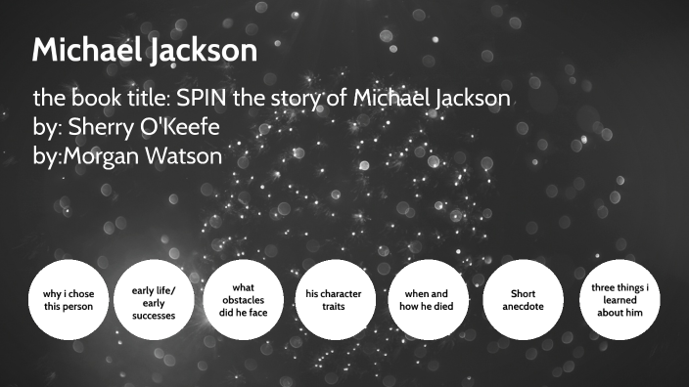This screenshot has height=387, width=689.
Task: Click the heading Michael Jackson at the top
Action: (144, 52)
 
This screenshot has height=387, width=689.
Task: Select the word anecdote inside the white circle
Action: (524, 306)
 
